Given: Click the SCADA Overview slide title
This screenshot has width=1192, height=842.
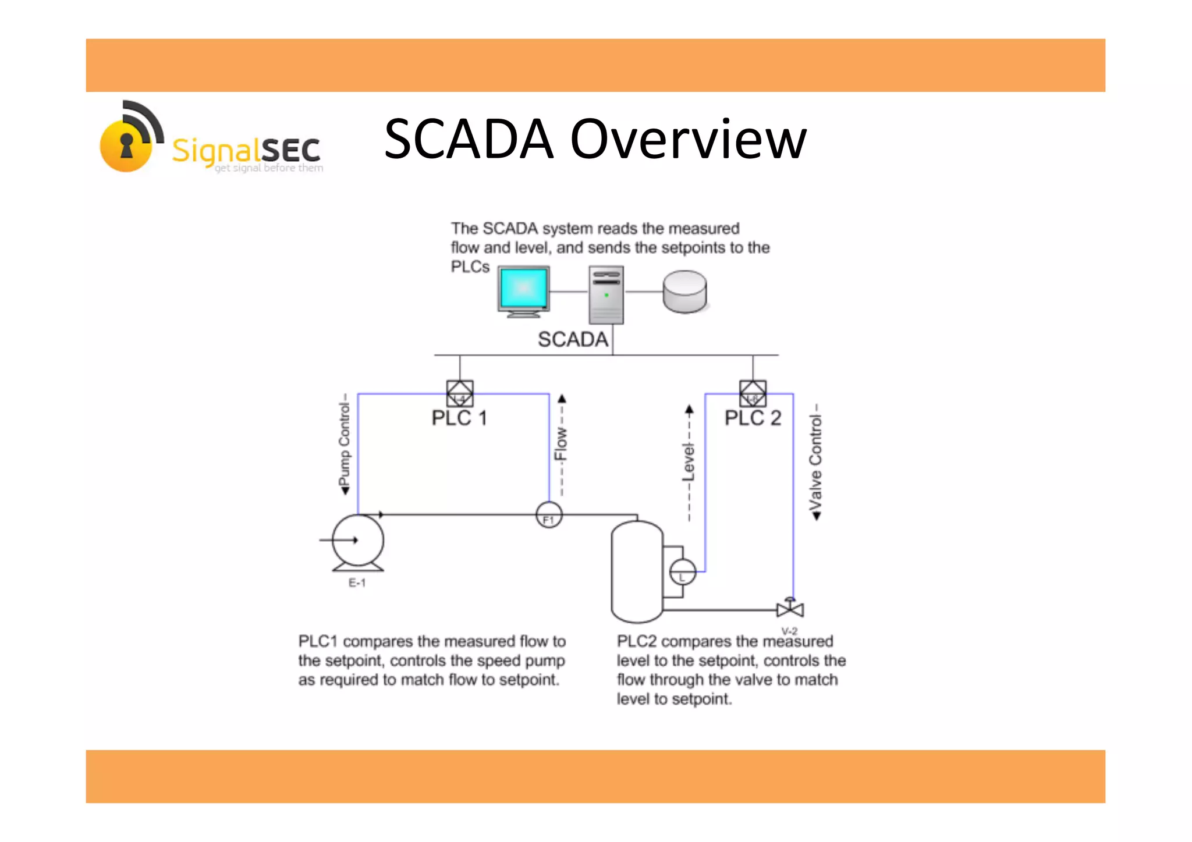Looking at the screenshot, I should click(x=595, y=139).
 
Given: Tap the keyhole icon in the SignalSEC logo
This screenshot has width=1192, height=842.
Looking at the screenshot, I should click(x=126, y=145).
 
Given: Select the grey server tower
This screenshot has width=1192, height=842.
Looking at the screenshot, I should click(x=606, y=294).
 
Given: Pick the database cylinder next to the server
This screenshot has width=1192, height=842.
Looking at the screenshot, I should click(x=684, y=292).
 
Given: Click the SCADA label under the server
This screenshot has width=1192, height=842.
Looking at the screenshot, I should click(x=573, y=339).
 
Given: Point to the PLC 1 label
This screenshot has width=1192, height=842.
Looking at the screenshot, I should click(x=459, y=418).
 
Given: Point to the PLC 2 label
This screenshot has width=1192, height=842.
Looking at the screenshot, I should click(x=753, y=418).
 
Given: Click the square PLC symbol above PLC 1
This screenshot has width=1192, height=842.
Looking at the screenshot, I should click(x=460, y=393).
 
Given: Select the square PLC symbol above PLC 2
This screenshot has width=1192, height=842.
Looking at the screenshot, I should click(x=753, y=393).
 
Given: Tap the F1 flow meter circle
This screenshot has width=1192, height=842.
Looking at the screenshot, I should click(x=549, y=516).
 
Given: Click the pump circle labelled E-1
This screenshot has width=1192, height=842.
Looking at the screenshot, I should click(x=358, y=540).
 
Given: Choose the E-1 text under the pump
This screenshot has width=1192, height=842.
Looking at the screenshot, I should click(x=357, y=583).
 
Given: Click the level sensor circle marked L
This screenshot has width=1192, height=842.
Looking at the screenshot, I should click(x=682, y=572).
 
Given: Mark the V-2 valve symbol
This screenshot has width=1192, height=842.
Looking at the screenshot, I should click(x=790, y=609).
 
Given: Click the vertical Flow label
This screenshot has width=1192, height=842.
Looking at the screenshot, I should click(x=561, y=445).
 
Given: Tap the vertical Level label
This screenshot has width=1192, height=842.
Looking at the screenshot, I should click(x=689, y=463).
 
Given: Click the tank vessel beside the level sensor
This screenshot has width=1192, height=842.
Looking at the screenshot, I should click(x=637, y=572).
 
